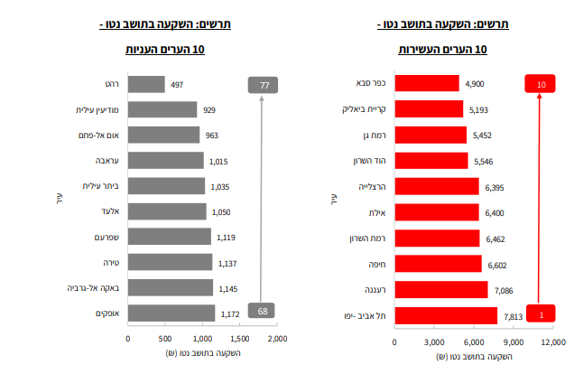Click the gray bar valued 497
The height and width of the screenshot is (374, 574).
pos(146,84)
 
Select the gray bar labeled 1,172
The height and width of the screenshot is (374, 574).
pos(171,313)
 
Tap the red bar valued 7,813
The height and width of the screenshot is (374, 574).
pos(446,315)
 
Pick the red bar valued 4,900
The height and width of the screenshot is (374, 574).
pos(427,84)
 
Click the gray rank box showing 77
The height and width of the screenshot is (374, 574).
pos(264,85)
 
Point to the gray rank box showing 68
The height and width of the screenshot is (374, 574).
pos(264,312)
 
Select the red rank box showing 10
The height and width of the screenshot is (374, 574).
pos(541,84)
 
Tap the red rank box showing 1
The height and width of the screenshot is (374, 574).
pos(541,314)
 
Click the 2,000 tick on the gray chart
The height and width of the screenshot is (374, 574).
pos(276,338)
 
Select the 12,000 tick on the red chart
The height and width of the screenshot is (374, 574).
pos(551,342)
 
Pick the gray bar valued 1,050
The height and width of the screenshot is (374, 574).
pos(167,210)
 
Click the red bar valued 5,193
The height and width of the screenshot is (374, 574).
pos(429,109)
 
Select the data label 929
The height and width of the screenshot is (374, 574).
pos(209,110)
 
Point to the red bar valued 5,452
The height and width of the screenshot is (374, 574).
pos(430,135)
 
